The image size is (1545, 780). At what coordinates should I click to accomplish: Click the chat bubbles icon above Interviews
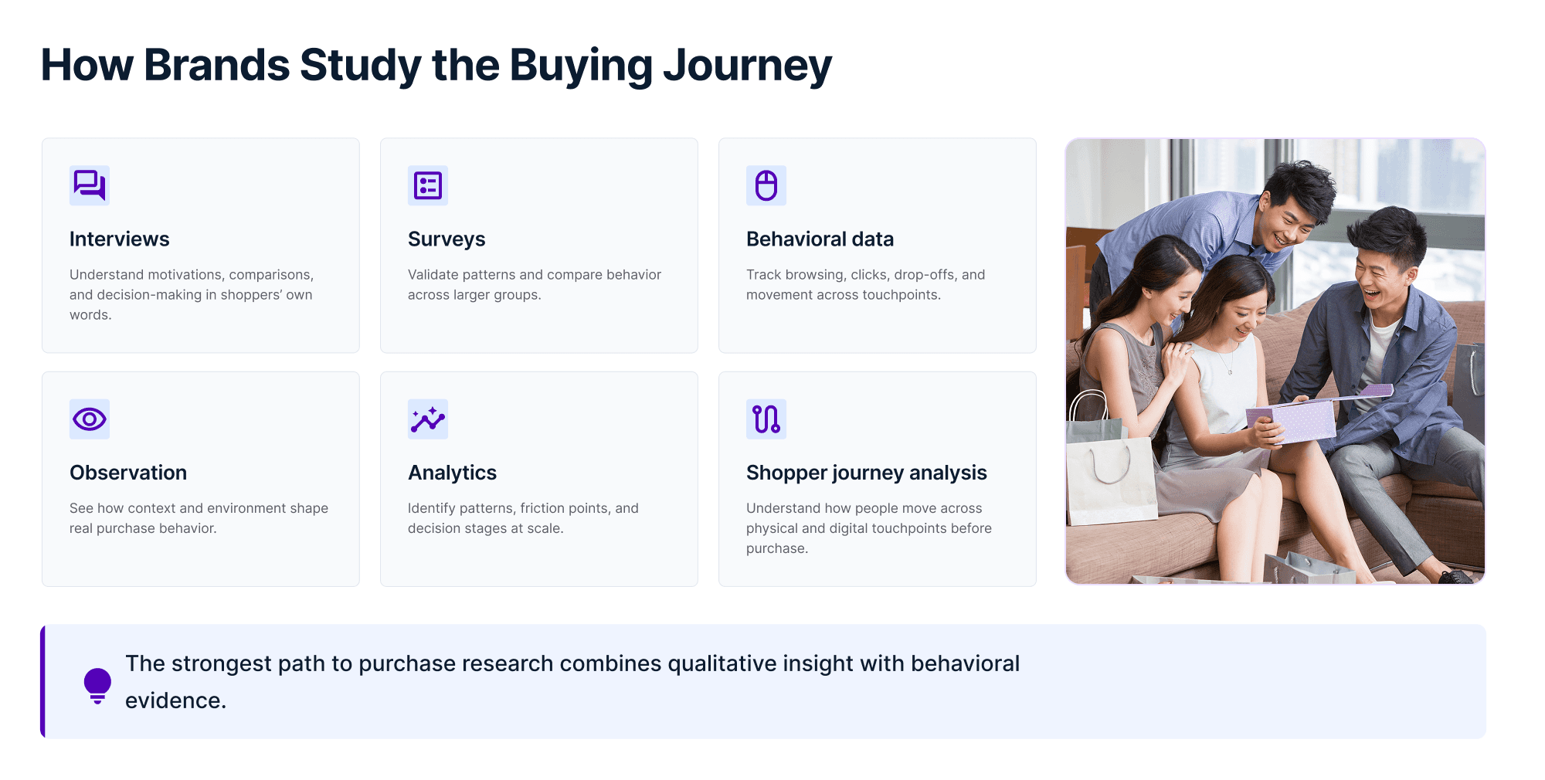[x=90, y=185]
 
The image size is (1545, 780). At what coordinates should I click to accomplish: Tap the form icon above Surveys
[x=428, y=185]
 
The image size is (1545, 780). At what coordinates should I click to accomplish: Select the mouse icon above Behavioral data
[x=766, y=185]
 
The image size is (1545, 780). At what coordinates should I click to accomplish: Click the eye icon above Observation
[x=90, y=419]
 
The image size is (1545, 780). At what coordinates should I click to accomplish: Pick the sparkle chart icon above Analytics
[x=428, y=419]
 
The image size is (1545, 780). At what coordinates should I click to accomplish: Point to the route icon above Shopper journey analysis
[x=766, y=419]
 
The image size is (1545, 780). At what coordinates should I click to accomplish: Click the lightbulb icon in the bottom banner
[x=97, y=685]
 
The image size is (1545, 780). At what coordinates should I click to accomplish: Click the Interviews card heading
[x=120, y=239]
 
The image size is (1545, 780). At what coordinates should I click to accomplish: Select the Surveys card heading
[x=447, y=239]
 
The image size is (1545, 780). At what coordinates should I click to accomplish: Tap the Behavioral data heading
[x=820, y=239]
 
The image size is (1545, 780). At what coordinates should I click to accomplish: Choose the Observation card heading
[x=128, y=473]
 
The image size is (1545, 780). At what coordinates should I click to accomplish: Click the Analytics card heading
[x=452, y=473]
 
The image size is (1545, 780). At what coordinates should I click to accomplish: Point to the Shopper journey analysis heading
[x=866, y=473]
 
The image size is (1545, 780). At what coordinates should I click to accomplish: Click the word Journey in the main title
[x=747, y=66]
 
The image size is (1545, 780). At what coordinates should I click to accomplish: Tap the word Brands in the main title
[x=217, y=66]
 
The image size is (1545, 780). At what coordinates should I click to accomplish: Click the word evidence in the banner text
[x=175, y=700]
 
